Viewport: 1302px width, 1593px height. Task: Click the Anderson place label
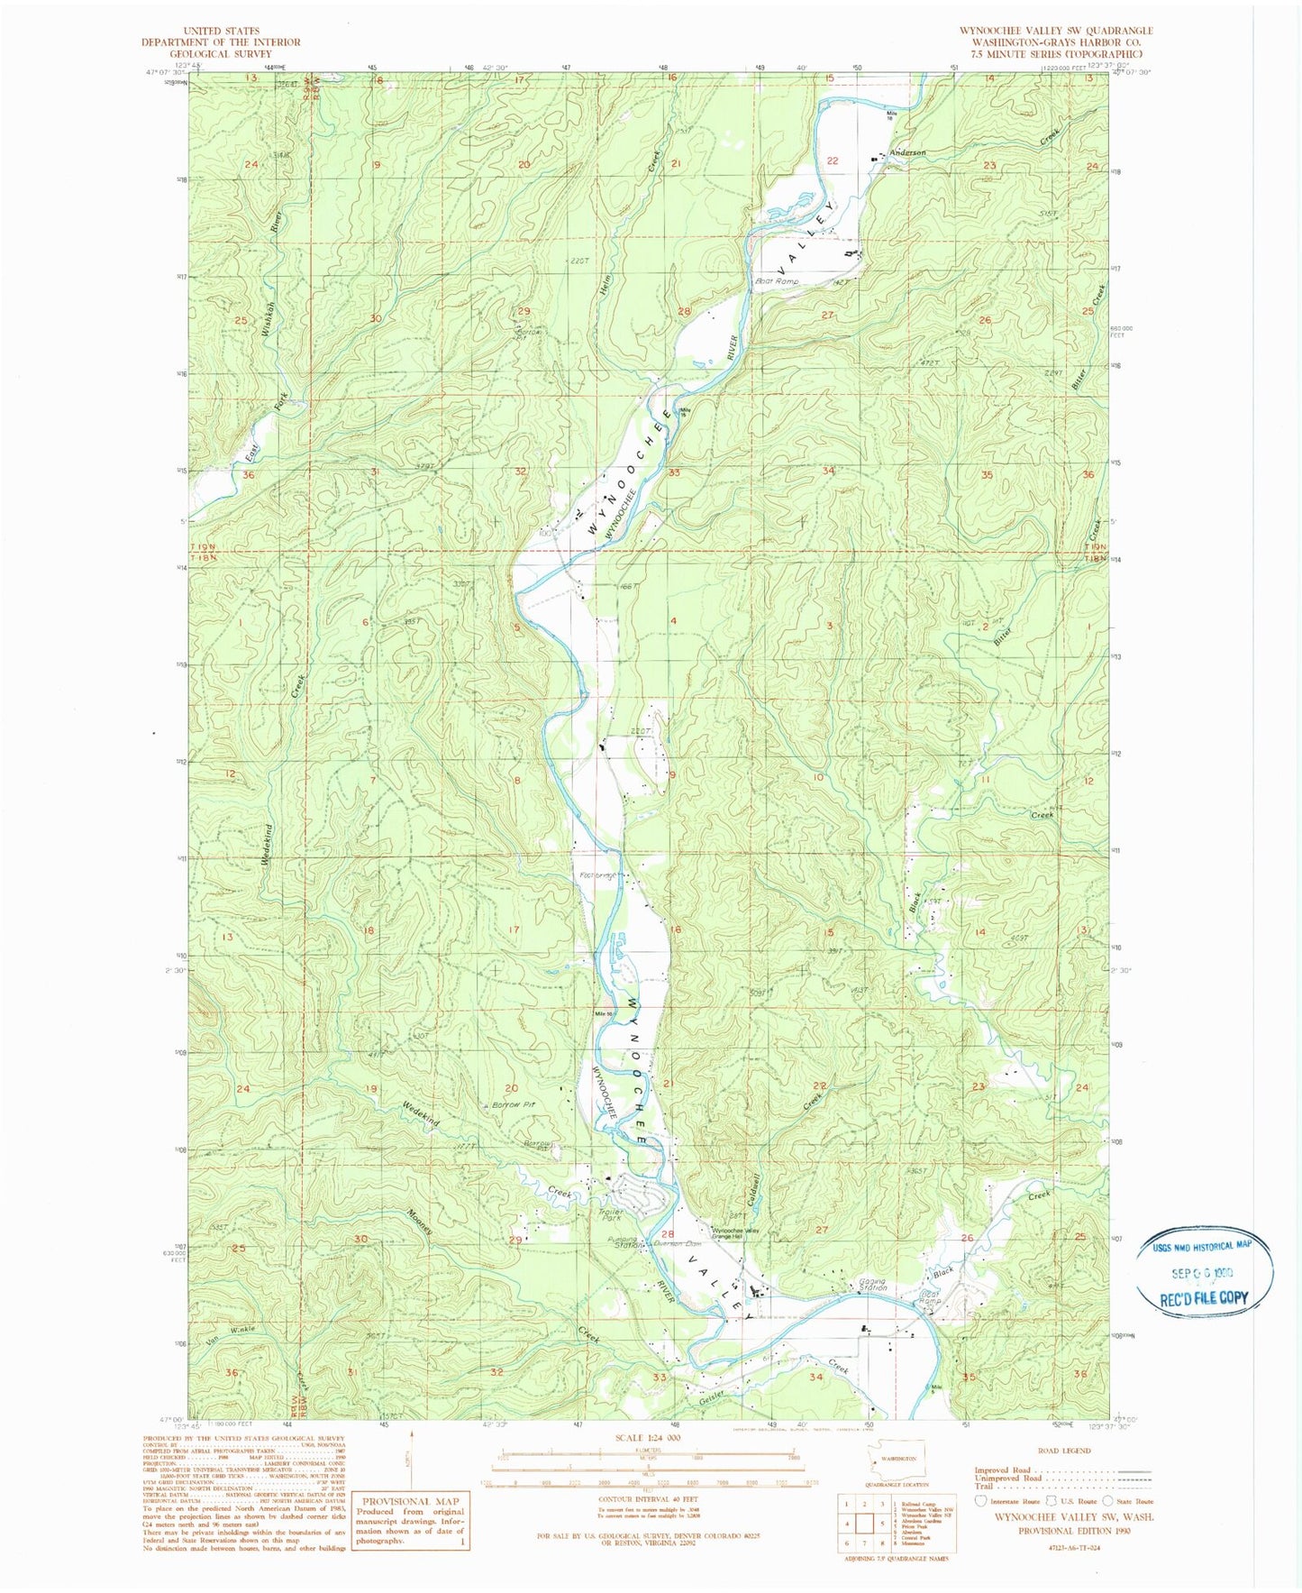pyautogui.click(x=907, y=153)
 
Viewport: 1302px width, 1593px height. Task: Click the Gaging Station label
pyautogui.click(x=872, y=1285)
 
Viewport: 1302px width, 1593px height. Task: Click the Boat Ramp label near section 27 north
pyautogui.click(x=777, y=281)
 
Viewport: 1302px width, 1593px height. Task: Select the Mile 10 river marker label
pyautogui.click(x=603, y=1014)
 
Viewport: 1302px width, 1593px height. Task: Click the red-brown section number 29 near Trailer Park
pyautogui.click(x=514, y=1241)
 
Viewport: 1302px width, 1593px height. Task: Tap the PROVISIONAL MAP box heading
pyautogui.click(x=411, y=1501)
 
